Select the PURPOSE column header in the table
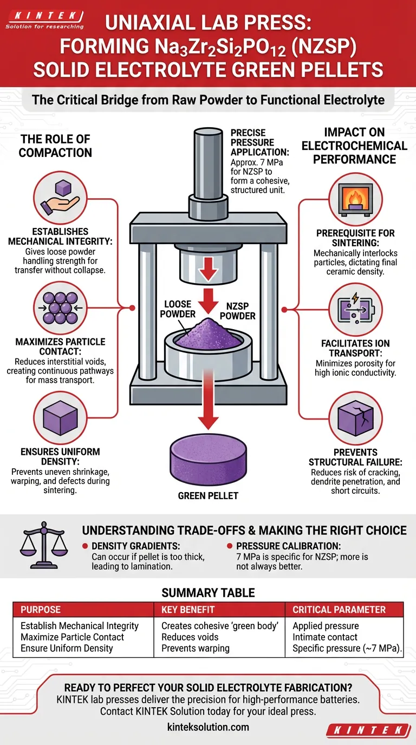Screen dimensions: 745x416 click(x=42, y=610)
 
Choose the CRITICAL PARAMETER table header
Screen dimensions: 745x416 click(x=339, y=610)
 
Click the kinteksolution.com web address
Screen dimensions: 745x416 click(x=208, y=727)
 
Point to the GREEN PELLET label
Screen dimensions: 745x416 click(x=208, y=495)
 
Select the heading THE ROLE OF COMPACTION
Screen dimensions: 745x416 click(x=55, y=146)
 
